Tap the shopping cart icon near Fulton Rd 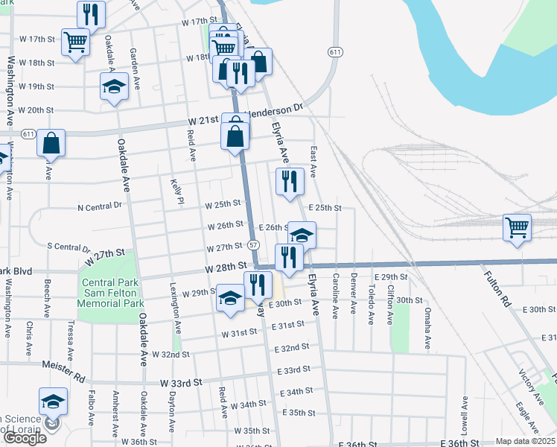[517, 226]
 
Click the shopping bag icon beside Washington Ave [51, 142]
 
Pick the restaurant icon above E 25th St [289, 181]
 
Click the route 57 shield [254, 245]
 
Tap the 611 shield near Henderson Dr [334, 51]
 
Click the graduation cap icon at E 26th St [301, 235]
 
